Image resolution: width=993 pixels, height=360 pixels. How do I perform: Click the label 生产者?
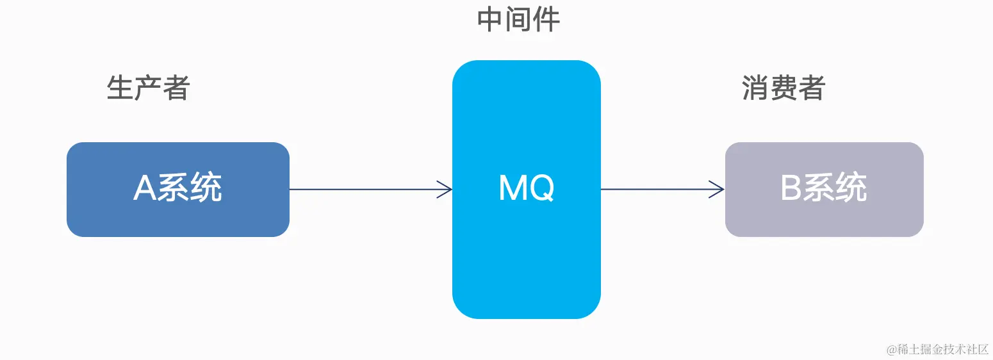(x=149, y=87)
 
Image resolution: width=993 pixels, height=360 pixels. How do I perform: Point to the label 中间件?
(x=519, y=20)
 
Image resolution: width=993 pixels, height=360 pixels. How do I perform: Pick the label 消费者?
(x=784, y=87)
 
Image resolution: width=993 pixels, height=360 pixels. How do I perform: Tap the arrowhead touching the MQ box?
(x=446, y=189)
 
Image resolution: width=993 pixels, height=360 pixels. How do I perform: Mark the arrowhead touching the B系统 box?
(x=718, y=189)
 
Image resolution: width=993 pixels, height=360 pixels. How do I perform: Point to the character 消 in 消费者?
(x=755, y=87)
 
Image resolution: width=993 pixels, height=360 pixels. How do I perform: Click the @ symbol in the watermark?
(x=891, y=350)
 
